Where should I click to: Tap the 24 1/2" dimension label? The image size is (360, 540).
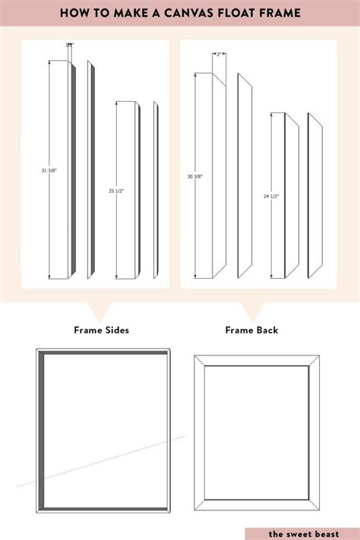pos(271,196)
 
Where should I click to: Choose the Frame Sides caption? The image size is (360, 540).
pos(101,330)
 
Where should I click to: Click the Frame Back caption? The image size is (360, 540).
pos(251,330)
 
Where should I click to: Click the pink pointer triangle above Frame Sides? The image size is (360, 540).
pos(100,311)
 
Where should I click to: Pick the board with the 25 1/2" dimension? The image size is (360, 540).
pos(128,191)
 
